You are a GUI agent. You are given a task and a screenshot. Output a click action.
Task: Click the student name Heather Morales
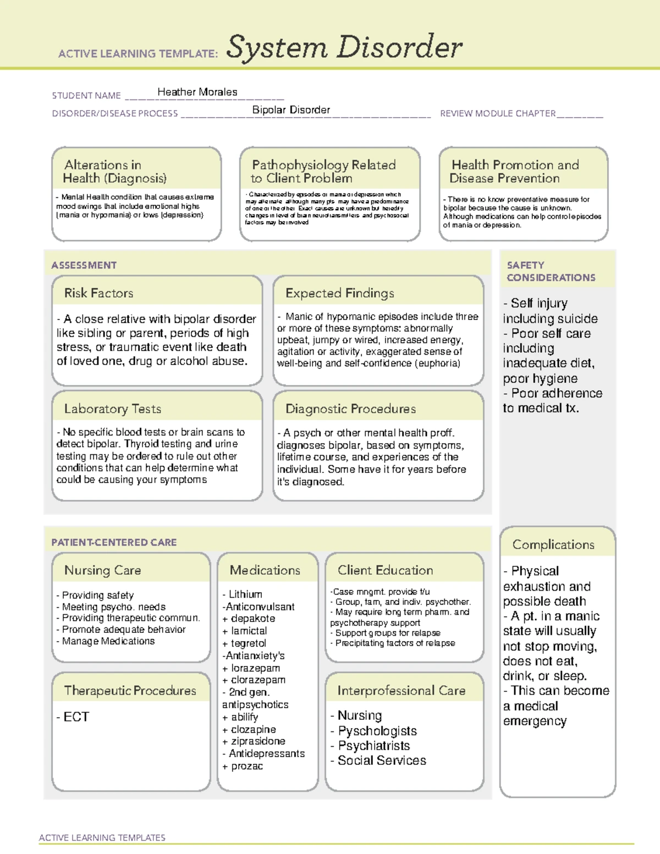tap(197, 92)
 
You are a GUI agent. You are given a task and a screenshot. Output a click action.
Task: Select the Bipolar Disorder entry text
tap(291, 110)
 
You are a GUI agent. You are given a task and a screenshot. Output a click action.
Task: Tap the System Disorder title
tap(344, 47)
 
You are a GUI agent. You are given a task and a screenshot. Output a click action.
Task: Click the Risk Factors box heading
tap(98, 293)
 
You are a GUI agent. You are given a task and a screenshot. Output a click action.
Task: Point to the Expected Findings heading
tap(339, 293)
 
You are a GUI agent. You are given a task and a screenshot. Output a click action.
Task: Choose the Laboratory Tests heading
tap(112, 409)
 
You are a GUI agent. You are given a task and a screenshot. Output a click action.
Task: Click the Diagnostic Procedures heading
tap(350, 409)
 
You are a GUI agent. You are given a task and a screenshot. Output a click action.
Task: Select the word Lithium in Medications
tap(245, 594)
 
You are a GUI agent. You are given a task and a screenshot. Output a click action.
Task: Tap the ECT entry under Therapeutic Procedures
tap(76, 717)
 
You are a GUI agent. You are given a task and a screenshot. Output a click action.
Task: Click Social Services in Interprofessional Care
tap(382, 761)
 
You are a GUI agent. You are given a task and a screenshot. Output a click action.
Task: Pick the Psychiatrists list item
tap(374, 746)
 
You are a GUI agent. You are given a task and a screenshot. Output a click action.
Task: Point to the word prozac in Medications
tap(247, 766)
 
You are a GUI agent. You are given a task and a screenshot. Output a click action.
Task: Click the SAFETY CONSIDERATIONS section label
tap(551, 271)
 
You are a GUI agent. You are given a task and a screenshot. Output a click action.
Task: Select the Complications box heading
tap(553, 544)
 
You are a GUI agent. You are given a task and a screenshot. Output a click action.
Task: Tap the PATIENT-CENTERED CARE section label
tap(114, 542)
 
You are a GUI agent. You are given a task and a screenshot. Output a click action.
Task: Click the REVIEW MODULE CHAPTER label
tap(498, 113)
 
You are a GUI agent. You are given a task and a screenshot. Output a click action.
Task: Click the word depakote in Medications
tap(253, 619)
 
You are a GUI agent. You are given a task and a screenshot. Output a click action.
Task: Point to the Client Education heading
tap(385, 570)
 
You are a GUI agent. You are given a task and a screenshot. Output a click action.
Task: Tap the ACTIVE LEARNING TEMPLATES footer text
tap(102, 838)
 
